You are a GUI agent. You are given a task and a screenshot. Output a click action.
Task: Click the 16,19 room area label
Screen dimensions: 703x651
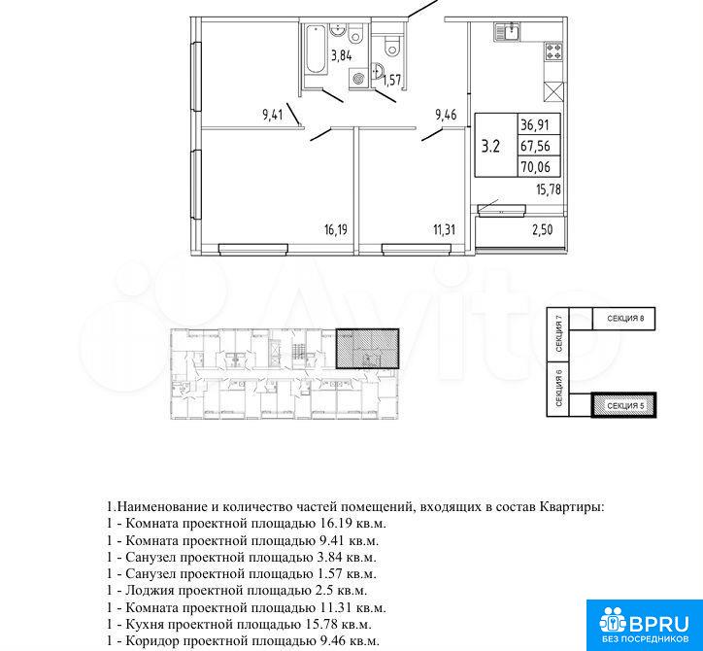click(x=336, y=230)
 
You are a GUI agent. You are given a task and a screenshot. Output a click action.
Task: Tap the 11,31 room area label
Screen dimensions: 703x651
click(x=445, y=230)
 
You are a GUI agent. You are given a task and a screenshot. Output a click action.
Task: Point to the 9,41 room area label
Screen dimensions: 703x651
click(x=273, y=115)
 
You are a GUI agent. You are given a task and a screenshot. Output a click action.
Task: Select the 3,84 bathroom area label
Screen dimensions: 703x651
click(x=342, y=56)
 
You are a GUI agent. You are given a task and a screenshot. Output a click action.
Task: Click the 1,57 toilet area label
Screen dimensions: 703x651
click(x=392, y=80)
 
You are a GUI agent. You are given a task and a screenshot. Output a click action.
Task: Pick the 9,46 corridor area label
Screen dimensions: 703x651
click(x=446, y=115)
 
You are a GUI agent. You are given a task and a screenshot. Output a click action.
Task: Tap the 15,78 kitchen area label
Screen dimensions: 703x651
click(x=549, y=189)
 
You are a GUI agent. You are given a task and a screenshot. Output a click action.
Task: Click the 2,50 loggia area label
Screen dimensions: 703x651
click(x=542, y=230)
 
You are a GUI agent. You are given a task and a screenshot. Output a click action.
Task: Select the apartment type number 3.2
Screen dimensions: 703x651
click(x=490, y=147)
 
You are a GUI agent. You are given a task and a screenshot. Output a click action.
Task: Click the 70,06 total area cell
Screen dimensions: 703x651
click(x=535, y=167)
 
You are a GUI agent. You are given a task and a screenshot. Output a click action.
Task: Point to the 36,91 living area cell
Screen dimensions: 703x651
click(x=535, y=124)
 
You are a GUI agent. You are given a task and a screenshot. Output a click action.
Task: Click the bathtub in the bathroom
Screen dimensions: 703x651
click(x=316, y=49)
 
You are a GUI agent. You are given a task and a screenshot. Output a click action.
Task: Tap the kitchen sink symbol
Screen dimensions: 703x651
click(x=508, y=32)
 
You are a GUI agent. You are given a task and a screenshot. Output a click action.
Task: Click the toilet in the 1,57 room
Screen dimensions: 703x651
click(x=392, y=45)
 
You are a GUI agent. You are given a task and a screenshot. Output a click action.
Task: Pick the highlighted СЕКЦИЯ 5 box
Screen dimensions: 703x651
click(x=624, y=405)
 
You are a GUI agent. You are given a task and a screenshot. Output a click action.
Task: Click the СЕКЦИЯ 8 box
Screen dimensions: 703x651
click(x=624, y=319)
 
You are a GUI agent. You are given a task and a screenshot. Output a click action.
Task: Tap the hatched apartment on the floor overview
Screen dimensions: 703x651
click(x=367, y=349)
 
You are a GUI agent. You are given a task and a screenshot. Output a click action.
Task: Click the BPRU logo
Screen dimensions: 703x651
click(x=645, y=625)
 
